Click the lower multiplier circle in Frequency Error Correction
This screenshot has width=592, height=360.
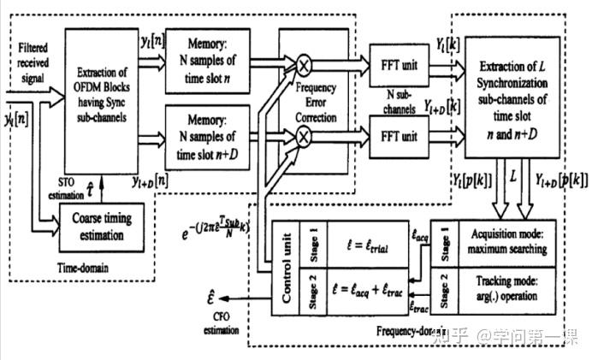302,136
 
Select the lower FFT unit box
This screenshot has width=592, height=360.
399,136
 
